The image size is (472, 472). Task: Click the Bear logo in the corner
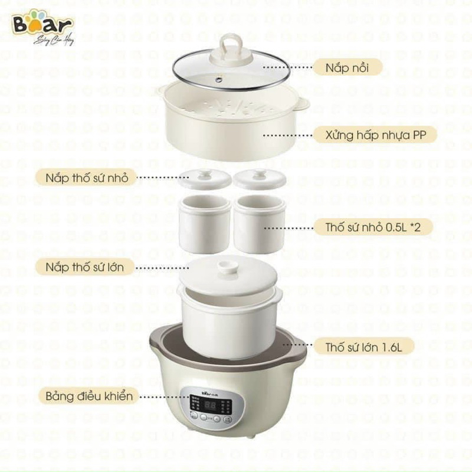click(x=45, y=25)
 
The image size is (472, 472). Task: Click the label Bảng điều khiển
click(x=88, y=395)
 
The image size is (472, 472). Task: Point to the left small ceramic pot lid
click(x=205, y=178)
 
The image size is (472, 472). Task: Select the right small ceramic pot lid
click(x=260, y=178)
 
